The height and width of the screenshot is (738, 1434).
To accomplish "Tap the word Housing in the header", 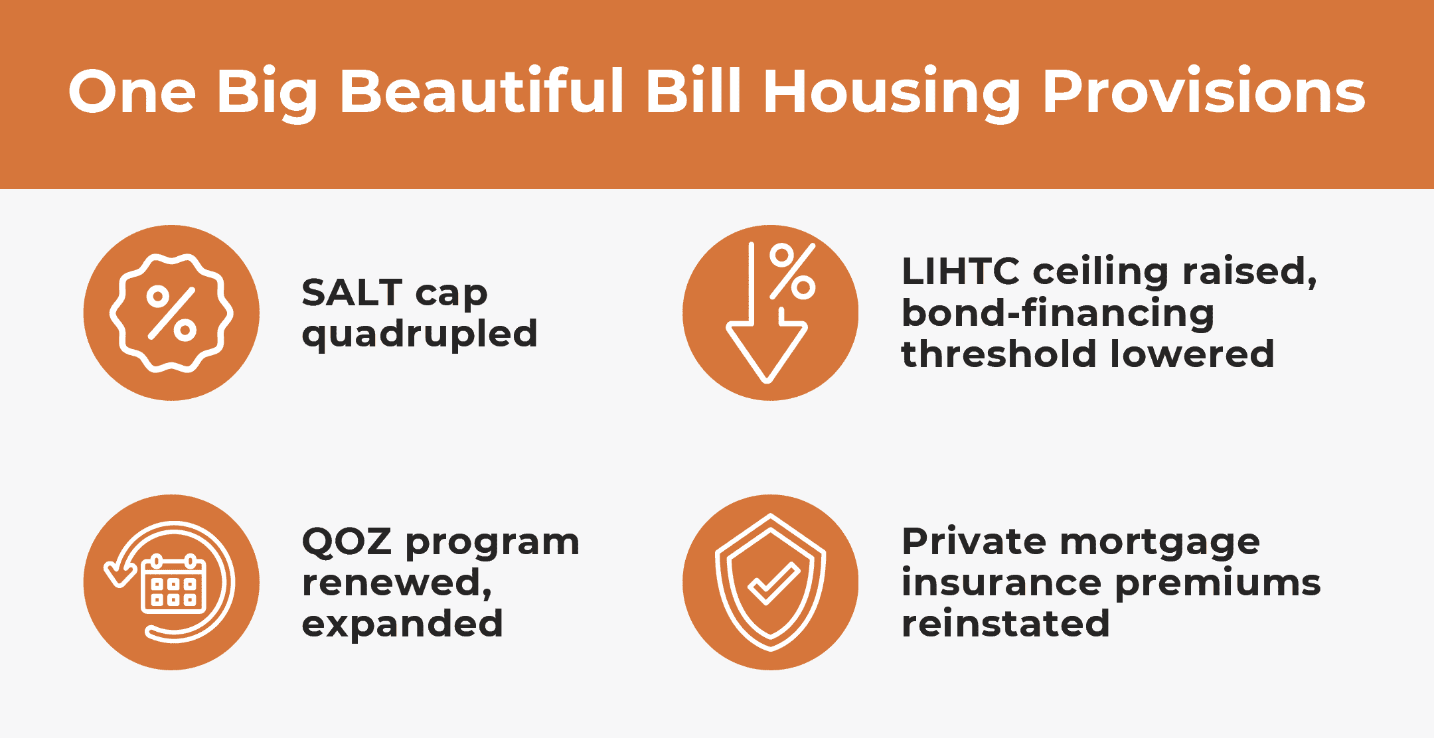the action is tap(892, 94).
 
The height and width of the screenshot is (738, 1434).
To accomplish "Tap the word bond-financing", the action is tap(1058, 314).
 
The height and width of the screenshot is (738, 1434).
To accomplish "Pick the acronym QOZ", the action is tap(347, 542).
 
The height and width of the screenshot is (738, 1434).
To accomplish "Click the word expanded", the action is tap(402, 625).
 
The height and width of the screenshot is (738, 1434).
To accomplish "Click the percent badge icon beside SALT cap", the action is tap(171, 313).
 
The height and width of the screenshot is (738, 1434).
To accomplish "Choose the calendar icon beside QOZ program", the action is tap(174, 582).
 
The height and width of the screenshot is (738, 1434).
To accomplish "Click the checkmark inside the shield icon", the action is tap(773, 583).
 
